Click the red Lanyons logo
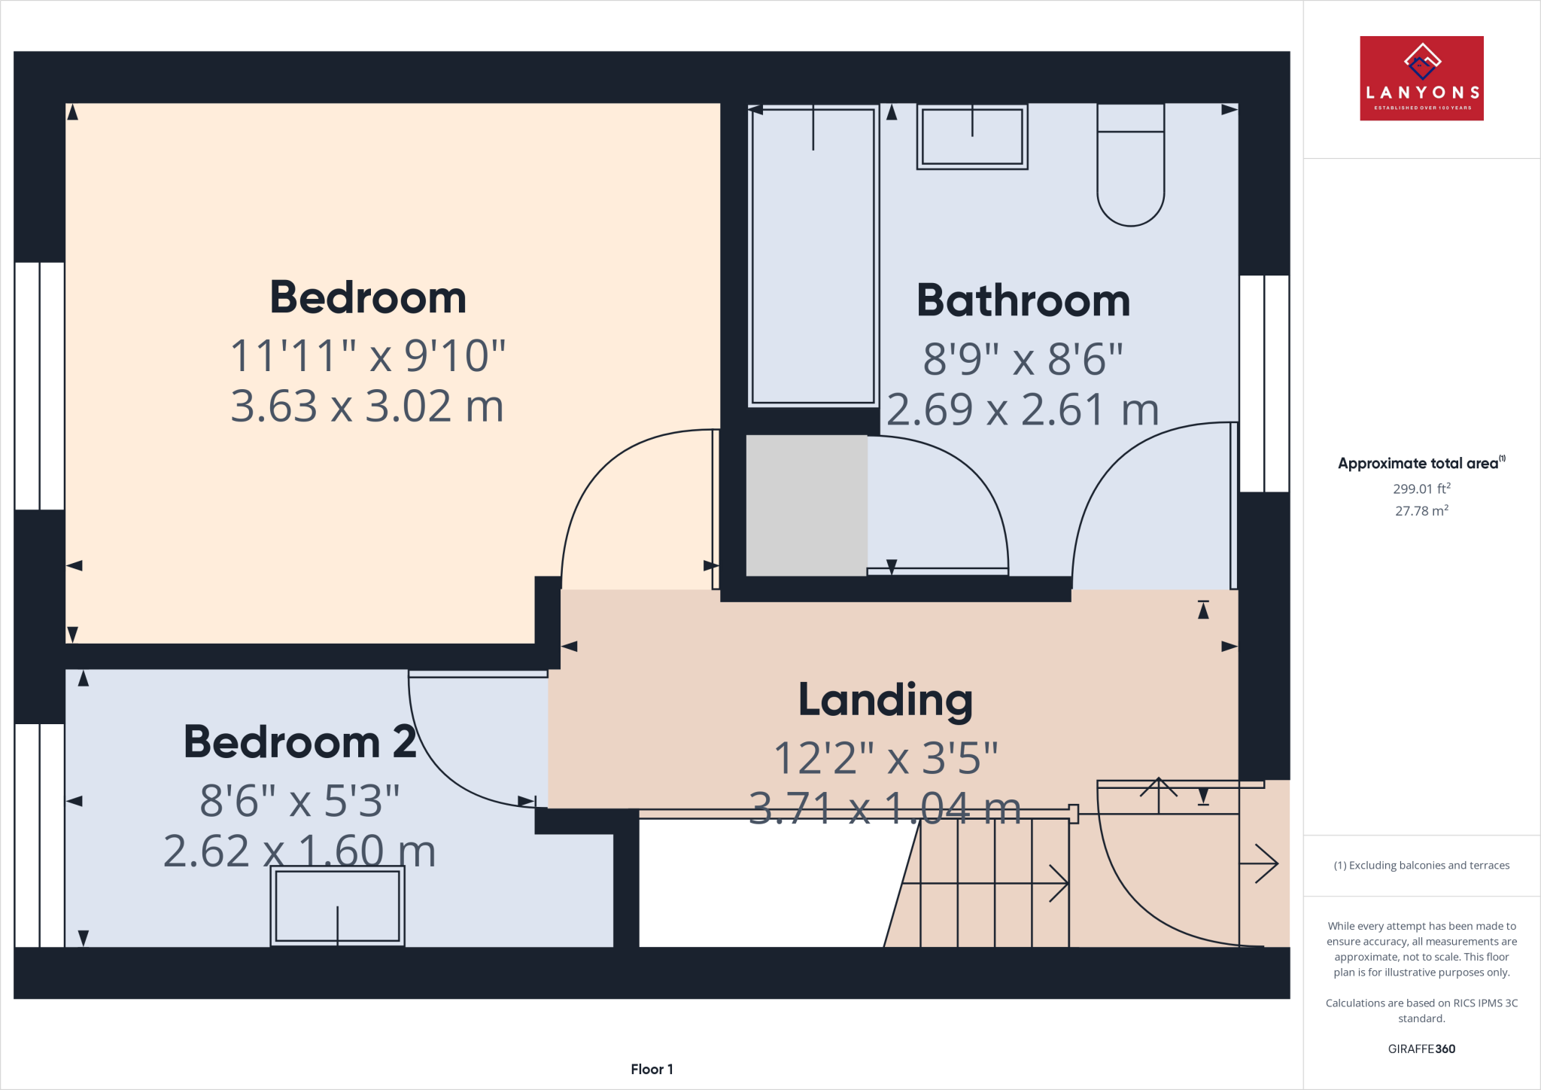[x=1421, y=78]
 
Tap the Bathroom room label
[x=1023, y=301]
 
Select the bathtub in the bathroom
[x=813, y=256]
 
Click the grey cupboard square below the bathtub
[x=806, y=505]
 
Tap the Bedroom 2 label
[x=299, y=742]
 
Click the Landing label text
[x=885, y=700]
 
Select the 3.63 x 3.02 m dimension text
[x=366, y=406]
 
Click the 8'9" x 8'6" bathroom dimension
[x=1023, y=359]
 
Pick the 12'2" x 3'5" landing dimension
[x=886, y=758]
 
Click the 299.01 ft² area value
[x=1421, y=489]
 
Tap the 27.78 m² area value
[x=1421, y=511]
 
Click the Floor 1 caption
[x=652, y=1069]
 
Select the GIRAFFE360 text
[x=1421, y=1049]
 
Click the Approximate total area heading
[x=1419, y=464]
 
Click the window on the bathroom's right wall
[x=1264, y=384]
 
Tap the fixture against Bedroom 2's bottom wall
[x=337, y=906]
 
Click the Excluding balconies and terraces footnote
[x=1421, y=866]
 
